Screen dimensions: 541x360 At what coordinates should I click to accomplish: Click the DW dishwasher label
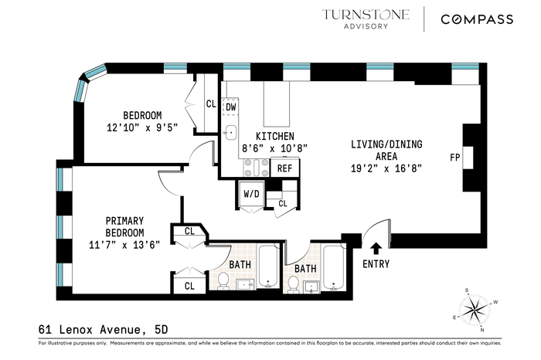click(x=231, y=107)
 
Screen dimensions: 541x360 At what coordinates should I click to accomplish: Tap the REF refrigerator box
click(x=284, y=168)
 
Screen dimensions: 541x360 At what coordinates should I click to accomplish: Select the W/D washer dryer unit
click(x=251, y=194)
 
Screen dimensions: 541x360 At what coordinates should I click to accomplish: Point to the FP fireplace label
click(x=455, y=158)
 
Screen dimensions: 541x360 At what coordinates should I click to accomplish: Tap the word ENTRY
click(x=376, y=264)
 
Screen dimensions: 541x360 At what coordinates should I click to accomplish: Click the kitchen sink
click(x=230, y=133)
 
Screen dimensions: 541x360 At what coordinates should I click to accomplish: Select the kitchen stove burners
click(x=256, y=168)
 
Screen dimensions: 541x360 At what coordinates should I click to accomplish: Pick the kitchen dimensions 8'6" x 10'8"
click(x=274, y=148)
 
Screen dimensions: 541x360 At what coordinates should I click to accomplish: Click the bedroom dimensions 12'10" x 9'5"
click(x=142, y=127)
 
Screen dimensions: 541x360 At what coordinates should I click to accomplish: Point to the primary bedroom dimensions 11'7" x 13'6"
click(x=124, y=245)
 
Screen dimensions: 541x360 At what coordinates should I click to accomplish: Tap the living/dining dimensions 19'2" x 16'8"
click(x=386, y=168)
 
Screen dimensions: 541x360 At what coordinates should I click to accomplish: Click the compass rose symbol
click(x=475, y=310)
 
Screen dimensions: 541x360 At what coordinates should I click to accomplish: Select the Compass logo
click(x=477, y=19)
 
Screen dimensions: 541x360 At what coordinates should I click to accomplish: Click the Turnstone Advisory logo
click(x=366, y=19)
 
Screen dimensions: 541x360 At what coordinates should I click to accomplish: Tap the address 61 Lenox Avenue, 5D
click(x=103, y=330)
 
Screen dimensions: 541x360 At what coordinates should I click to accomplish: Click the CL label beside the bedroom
click(x=211, y=104)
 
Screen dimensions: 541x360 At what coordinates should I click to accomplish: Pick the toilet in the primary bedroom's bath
click(x=223, y=280)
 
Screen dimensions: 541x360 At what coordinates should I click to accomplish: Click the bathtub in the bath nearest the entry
click(x=333, y=267)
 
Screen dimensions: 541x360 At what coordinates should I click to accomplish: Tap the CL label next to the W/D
click(x=283, y=203)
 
